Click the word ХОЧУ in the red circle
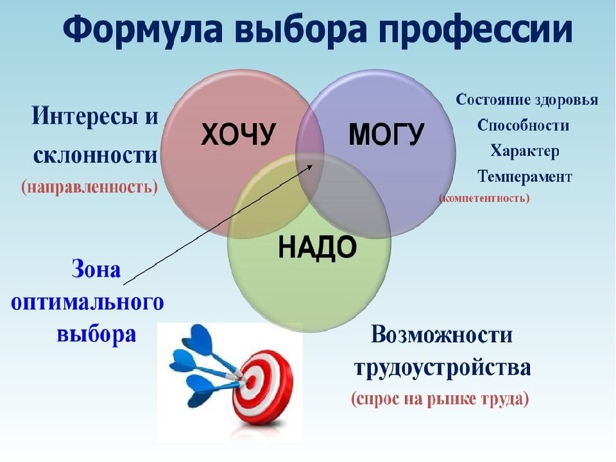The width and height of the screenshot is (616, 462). (x=238, y=134)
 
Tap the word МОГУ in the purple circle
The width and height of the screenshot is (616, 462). (x=386, y=134)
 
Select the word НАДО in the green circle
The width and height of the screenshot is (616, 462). (x=317, y=248)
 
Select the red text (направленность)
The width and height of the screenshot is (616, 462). (x=90, y=186)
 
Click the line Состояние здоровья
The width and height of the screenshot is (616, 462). (x=527, y=100)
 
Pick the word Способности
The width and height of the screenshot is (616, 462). (x=523, y=125)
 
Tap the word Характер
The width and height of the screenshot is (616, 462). (x=524, y=151)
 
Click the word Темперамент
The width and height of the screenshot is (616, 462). (x=524, y=177)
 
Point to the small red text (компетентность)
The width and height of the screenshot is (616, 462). (x=484, y=198)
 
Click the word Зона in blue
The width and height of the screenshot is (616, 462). (x=96, y=270)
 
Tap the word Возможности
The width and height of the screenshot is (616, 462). (x=441, y=335)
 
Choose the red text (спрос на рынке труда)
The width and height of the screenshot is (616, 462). (x=440, y=398)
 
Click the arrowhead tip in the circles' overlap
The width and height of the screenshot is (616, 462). (x=312, y=165)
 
